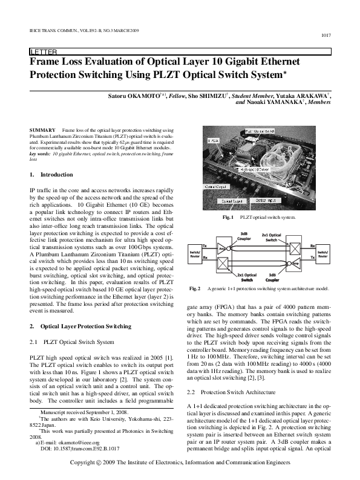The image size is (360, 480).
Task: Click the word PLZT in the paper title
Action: click(x=166, y=76)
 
